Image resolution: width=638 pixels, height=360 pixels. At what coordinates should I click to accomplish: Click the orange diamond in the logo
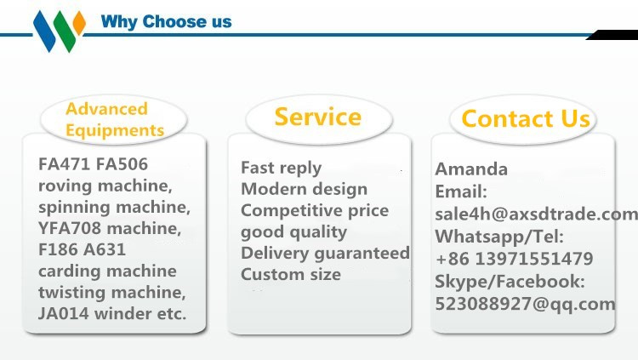79,23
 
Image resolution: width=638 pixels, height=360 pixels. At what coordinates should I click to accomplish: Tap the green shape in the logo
65,31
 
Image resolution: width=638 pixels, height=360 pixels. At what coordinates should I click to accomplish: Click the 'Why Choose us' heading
166,21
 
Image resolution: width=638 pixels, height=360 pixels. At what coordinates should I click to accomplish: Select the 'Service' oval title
318,117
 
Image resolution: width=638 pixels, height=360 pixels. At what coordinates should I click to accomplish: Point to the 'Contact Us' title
526,118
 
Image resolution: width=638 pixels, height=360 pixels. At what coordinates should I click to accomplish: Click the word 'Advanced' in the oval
106,109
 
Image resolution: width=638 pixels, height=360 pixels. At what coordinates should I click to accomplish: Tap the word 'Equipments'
115,130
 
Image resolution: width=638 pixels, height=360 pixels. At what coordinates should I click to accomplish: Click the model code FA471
64,164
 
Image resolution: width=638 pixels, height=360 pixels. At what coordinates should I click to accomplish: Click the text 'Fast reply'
282,168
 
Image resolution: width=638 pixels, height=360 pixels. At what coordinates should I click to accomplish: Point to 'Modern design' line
304,189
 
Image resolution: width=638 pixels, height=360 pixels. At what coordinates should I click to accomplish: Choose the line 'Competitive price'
315,210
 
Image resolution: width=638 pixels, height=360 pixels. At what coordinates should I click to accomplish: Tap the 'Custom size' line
291,274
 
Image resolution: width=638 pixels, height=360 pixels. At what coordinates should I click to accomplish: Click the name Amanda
471,169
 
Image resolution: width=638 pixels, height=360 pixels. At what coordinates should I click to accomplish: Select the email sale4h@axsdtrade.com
536,214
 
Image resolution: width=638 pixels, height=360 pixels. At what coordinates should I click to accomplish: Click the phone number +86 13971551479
515,259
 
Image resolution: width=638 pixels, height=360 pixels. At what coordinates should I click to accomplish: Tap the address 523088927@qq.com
525,304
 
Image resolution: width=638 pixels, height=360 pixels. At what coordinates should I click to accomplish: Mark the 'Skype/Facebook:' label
510,282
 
